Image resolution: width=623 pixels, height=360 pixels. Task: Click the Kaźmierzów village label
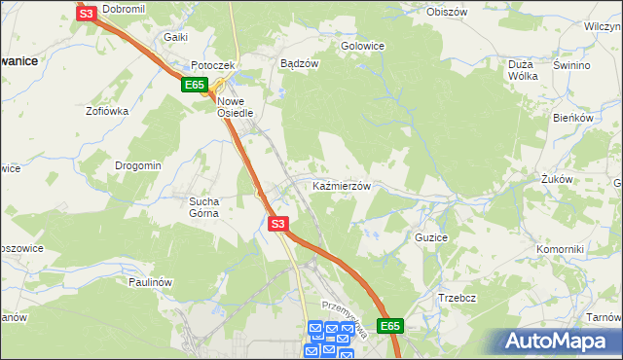(x=341, y=185)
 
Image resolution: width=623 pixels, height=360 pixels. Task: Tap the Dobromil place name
(x=123, y=9)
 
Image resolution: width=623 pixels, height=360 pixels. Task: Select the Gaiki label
(x=175, y=37)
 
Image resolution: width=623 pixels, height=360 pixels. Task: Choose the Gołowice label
(x=362, y=46)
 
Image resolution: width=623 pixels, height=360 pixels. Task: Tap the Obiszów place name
(x=448, y=12)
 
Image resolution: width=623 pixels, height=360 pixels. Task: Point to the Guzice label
(x=431, y=237)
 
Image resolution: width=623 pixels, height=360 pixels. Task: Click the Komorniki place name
(x=560, y=249)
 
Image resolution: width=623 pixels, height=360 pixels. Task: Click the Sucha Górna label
(x=205, y=206)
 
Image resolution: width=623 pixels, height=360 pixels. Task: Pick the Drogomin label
(x=138, y=165)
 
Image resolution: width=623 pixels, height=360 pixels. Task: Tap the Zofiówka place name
(x=107, y=111)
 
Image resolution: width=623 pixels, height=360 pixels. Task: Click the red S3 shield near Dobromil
(x=86, y=13)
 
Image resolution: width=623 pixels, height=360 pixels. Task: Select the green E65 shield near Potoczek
(x=194, y=86)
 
